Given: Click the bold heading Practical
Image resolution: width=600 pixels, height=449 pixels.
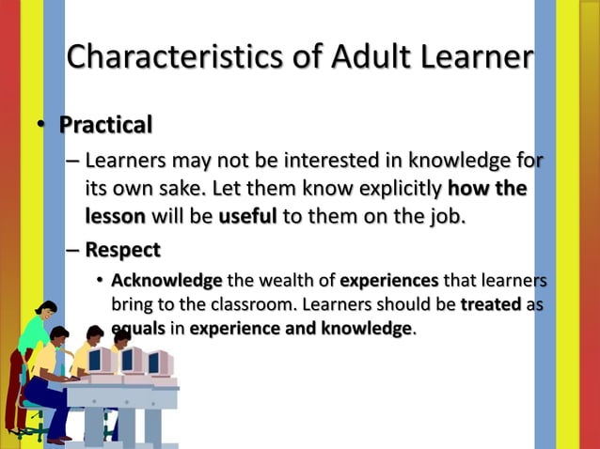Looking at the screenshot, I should tap(105, 124).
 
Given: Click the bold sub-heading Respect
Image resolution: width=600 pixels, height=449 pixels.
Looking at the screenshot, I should tap(122, 250).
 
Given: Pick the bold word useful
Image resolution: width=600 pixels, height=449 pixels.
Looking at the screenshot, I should tap(247, 217).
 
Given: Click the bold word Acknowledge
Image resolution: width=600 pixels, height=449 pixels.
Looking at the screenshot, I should tap(166, 280).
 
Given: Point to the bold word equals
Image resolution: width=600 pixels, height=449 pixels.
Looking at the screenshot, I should tap(137, 329).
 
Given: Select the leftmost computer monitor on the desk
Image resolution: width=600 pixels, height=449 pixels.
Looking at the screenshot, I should tap(99, 358).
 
